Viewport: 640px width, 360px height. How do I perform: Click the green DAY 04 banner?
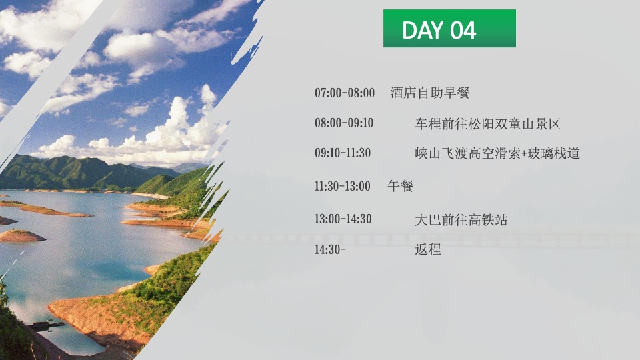coord(449,29)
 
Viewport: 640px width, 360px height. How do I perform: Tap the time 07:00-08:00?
coord(345,93)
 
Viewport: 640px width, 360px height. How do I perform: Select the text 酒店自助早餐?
coord(430,93)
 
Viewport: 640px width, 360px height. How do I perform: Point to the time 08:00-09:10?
coord(344,123)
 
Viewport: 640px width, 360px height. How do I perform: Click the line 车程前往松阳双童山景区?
coord(487,124)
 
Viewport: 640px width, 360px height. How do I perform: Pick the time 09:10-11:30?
coord(343,153)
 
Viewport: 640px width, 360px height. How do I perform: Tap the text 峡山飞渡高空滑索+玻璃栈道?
coord(497,153)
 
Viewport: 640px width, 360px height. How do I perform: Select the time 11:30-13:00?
coord(343,186)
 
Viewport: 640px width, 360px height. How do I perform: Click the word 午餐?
coord(401,186)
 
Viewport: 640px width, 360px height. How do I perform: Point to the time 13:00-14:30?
coord(343,219)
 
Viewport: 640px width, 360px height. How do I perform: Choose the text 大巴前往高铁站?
coord(461,219)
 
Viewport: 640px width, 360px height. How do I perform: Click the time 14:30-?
coord(331,250)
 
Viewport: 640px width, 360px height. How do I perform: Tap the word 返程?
coord(428,250)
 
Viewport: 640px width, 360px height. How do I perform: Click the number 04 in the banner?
coord(463,30)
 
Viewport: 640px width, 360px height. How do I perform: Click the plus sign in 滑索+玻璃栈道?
coord(523,154)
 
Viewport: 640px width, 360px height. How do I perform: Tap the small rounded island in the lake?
coord(22,235)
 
